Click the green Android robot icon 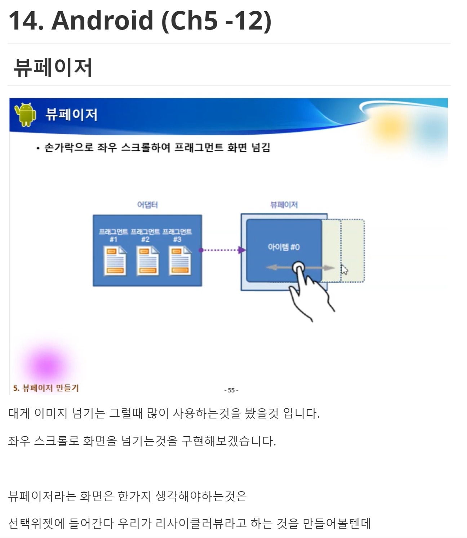pyautogui.click(x=25, y=115)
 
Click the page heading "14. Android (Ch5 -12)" pyautogui.click(x=140, y=21)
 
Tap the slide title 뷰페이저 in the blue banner pyautogui.click(x=71, y=115)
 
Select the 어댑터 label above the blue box pyautogui.click(x=147, y=205)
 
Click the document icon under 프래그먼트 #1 pyautogui.click(x=115, y=261)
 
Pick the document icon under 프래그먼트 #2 pyautogui.click(x=147, y=261)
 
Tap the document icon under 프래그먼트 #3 pyautogui.click(x=180, y=261)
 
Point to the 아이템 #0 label pyautogui.click(x=284, y=247)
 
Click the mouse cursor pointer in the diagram pyautogui.click(x=344, y=269)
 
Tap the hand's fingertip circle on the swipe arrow pyautogui.click(x=298, y=268)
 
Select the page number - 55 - pyautogui.click(x=231, y=390)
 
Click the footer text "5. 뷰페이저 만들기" pyautogui.click(x=46, y=388)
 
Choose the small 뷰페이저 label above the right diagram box pyautogui.click(x=284, y=205)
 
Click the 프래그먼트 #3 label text pyautogui.click(x=177, y=235)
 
